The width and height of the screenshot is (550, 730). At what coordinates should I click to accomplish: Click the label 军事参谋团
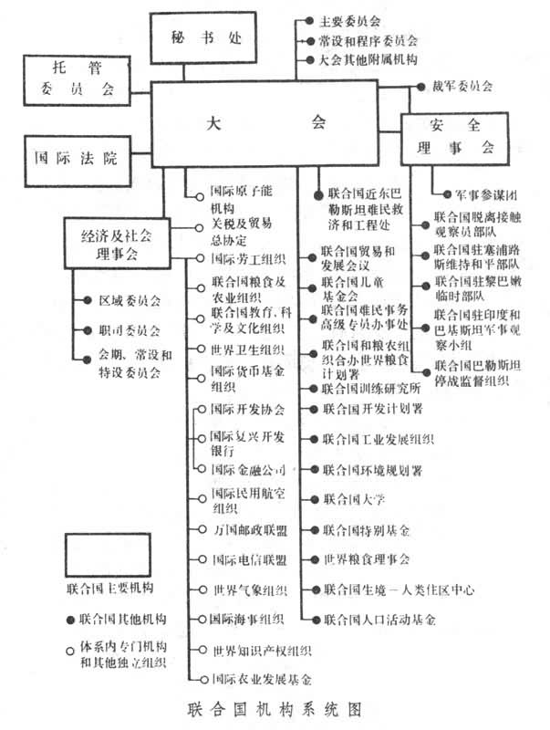[x=483, y=194]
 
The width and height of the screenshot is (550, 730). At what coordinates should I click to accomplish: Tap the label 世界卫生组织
[x=245, y=349]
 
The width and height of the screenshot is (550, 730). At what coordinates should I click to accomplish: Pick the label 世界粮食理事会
[x=367, y=558]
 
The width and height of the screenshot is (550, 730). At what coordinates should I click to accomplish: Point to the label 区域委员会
[x=129, y=300]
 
